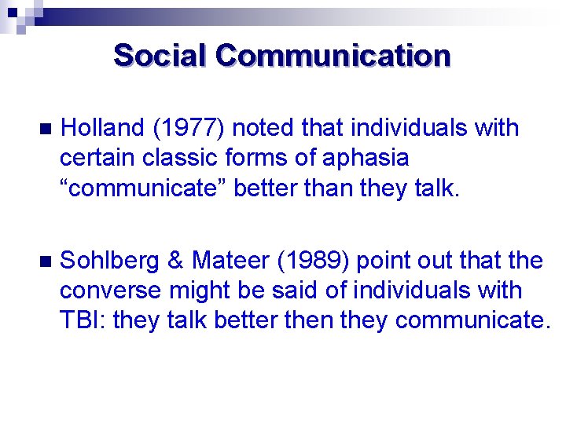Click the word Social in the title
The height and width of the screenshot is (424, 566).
[160, 56]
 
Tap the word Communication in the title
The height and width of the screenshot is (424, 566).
[333, 56]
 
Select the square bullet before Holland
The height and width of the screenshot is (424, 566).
[44, 129]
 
